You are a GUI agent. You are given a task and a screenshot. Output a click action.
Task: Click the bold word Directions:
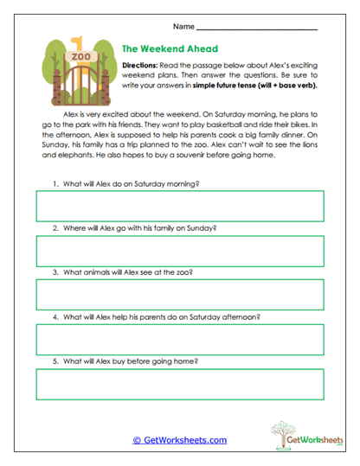click(x=140, y=66)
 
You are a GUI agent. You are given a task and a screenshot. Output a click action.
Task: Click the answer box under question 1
click(x=180, y=206)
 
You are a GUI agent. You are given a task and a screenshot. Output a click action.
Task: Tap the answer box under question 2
click(x=180, y=251)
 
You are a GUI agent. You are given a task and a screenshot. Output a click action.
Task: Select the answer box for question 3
click(x=180, y=295)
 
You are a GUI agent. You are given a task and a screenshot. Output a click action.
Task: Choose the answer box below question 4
click(x=180, y=340)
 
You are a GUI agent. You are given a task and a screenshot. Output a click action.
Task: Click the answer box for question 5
click(x=180, y=384)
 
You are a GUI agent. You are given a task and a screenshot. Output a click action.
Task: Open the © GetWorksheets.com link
click(x=179, y=440)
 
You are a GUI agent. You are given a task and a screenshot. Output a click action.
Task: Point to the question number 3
click(x=55, y=272)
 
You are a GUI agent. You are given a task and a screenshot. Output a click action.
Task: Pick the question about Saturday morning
click(x=131, y=183)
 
